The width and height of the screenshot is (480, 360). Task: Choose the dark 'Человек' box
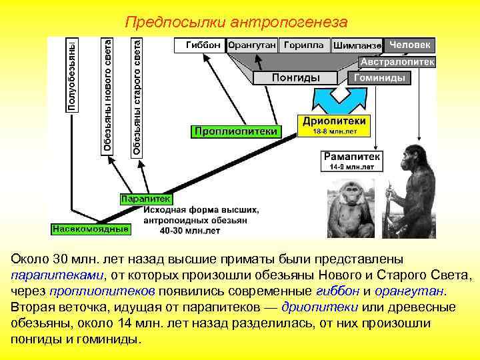(x=410, y=45)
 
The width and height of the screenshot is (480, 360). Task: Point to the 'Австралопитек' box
(x=397, y=62)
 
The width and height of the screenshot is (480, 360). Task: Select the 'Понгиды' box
(x=296, y=78)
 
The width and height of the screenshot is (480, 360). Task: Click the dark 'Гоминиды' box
(x=381, y=78)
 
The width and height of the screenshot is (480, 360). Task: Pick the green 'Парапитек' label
(x=146, y=198)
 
